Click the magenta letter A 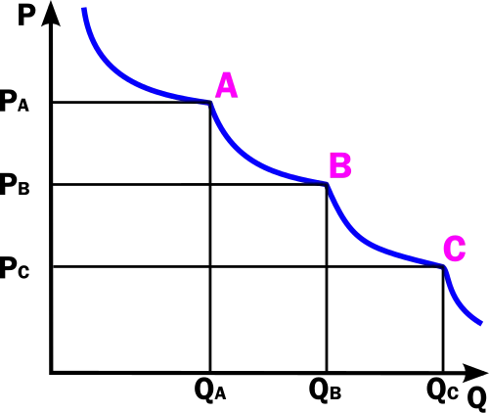226,85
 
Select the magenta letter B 340,165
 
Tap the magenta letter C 455,249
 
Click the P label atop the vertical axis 26,15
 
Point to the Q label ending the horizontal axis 477,399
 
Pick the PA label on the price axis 15,102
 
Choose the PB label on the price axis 15,184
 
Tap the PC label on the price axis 15,267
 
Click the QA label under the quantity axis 210,390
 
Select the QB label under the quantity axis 325,390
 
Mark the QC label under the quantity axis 442,390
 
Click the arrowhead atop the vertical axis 51,13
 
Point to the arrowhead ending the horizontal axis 475,373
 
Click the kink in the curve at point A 210,103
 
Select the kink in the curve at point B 327,185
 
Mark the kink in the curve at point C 443,267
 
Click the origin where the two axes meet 52,372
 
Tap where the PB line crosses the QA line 210,185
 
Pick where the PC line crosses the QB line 327,267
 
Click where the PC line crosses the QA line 210,267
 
